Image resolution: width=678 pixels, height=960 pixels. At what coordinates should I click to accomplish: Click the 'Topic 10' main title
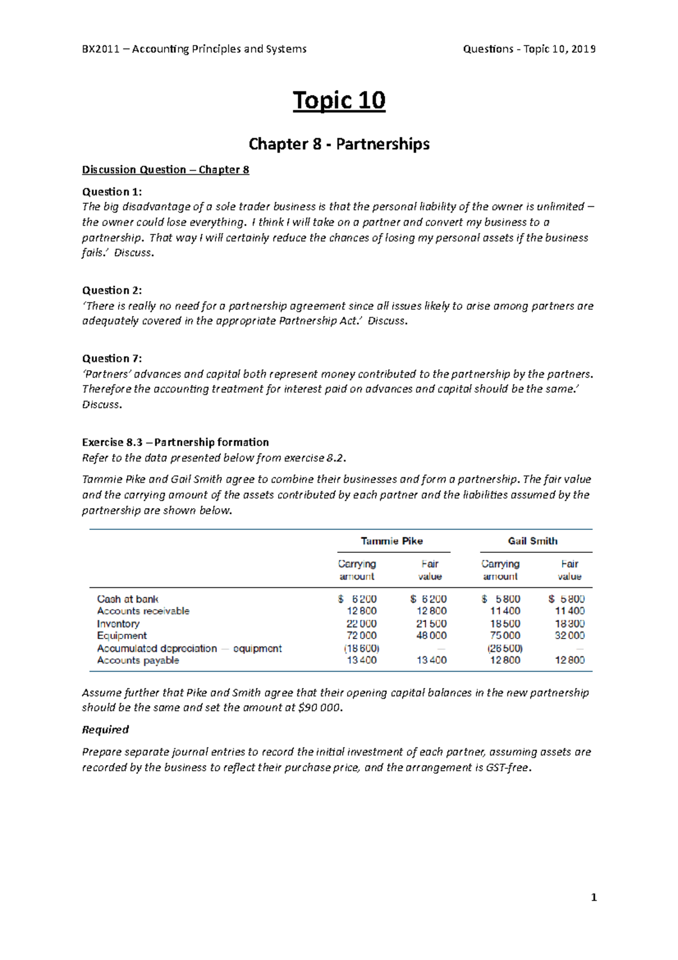click(x=339, y=101)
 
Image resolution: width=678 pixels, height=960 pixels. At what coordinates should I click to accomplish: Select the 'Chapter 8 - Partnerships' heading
click(x=339, y=144)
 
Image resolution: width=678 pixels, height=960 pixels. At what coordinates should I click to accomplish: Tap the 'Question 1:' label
click(x=112, y=192)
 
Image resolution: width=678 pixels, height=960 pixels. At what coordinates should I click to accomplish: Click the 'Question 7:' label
click(x=112, y=358)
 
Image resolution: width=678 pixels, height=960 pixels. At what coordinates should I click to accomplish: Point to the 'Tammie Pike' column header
click(x=392, y=541)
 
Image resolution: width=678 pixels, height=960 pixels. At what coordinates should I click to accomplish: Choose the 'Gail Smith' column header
click(x=532, y=541)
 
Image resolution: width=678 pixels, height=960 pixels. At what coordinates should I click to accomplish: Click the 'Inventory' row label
click(x=118, y=624)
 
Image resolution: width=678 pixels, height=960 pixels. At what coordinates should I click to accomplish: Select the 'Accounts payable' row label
click(x=138, y=660)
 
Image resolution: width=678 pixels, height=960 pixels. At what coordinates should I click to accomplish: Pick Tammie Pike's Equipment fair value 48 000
click(x=432, y=635)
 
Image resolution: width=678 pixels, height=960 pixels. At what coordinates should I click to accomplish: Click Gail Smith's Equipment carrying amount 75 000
click(x=505, y=635)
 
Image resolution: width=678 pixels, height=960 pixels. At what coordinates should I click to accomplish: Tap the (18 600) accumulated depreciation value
click(x=362, y=648)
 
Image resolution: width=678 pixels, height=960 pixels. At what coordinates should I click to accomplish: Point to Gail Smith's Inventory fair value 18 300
click(x=570, y=624)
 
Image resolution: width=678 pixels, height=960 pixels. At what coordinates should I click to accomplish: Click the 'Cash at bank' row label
click(x=128, y=599)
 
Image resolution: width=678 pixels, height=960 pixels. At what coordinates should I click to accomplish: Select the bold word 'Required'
click(x=105, y=730)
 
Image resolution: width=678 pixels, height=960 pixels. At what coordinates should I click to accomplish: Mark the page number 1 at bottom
click(x=593, y=898)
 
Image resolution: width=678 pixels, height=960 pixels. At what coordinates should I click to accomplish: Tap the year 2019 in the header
click(x=583, y=49)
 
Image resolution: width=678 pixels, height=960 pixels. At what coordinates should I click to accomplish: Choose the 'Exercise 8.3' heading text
click(x=112, y=443)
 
